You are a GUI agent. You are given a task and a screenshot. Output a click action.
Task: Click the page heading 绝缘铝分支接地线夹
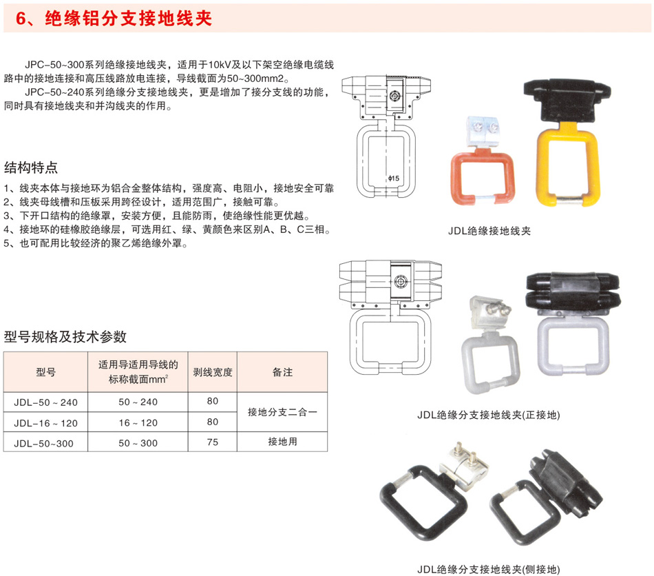pyautogui.click(x=129, y=19)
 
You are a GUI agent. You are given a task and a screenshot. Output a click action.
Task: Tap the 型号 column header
pyautogui.click(x=46, y=372)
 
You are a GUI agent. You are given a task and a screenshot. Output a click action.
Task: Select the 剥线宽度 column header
pyautogui.click(x=213, y=372)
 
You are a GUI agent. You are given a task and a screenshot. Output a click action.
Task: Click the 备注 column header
pyautogui.click(x=282, y=372)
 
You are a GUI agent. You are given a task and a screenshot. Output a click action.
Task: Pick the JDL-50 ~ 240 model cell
pyautogui.click(x=46, y=402)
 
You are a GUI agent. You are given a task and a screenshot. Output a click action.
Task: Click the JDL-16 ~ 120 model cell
pyautogui.click(x=46, y=423)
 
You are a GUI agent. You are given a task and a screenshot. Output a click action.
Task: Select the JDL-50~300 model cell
pyautogui.click(x=44, y=443)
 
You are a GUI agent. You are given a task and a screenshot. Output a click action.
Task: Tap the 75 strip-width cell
pyautogui.click(x=213, y=442)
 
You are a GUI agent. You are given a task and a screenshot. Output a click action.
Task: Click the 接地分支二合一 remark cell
pyautogui.click(x=282, y=412)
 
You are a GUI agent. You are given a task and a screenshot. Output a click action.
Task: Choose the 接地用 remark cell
pyautogui.click(x=282, y=442)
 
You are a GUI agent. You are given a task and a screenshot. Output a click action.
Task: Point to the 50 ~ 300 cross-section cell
pyautogui.click(x=138, y=443)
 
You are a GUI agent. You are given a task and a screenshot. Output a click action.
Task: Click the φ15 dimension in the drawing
pyautogui.click(x=393, y=178)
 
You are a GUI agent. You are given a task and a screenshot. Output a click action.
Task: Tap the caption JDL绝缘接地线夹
pyautogui.click(x=489, y=231)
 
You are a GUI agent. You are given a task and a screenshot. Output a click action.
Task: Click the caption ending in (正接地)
pyautogui.click(x=488, y=415)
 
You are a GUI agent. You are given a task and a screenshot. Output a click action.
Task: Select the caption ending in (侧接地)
pyautogui.click(x=488, y=569)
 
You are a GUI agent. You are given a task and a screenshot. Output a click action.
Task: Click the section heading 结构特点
pyautogui.click(x=31, y=167)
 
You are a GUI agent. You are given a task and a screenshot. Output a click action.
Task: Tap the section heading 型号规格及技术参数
pyautogui.click(x=65, y=336)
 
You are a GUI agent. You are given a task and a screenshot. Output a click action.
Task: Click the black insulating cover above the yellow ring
pyautogui.click(x=567, y=99)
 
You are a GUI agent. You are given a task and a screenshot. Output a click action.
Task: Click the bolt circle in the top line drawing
pyautogui.click(x=394, y=96)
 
